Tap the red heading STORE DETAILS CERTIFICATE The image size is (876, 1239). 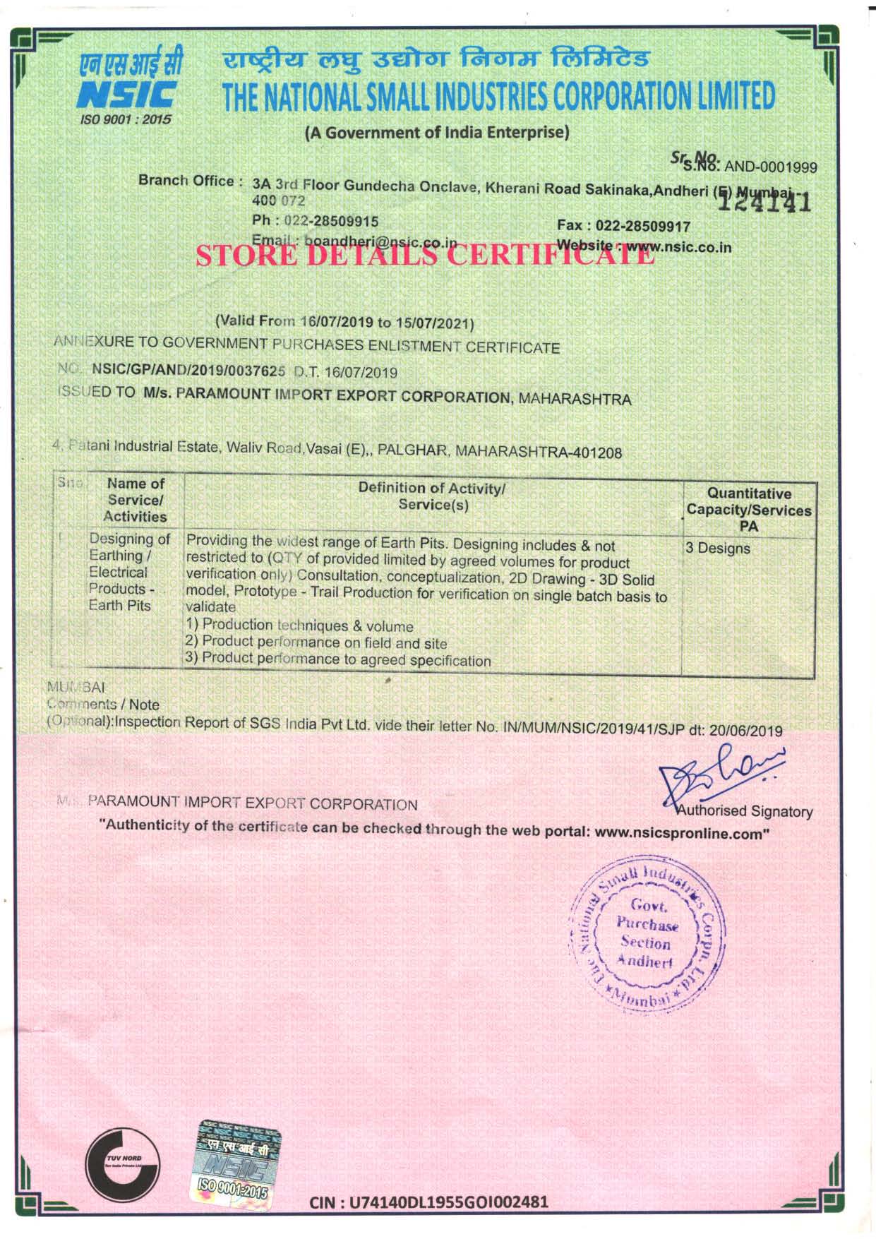tap(426, 255)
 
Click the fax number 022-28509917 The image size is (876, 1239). tap(643, 226)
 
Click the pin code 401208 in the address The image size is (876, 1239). tap(599, 452)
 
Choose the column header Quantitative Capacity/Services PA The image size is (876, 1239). tap(748, 509)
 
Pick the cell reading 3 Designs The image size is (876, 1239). tap(718, 549)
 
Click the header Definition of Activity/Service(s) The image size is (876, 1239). tap(432, 496)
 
